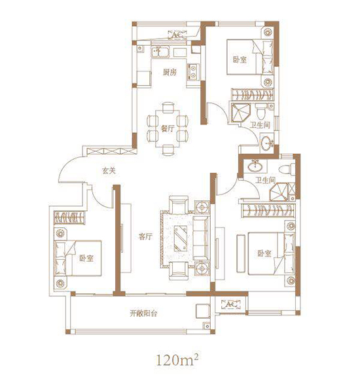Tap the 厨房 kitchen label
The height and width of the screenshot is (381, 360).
point(170,73)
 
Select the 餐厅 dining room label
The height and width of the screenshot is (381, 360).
point(168,128)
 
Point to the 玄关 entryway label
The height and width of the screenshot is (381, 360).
point(109,171)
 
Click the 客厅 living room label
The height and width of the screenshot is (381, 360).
point(145,237)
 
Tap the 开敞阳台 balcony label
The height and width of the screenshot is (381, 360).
point(143,314)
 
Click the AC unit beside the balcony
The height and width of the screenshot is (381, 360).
point(231,304)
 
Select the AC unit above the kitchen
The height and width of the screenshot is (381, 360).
point(177,35)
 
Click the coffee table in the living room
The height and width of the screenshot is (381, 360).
point(181,238)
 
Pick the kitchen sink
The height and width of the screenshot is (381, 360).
point(160,52)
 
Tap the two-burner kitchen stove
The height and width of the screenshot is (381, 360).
point(193,72)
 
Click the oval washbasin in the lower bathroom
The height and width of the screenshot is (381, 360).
point(255,166)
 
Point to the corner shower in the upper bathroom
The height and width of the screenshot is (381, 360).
point(240,113)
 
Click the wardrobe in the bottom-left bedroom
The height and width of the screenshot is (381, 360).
point(69,217)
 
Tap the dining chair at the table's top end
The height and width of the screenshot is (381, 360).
point(169,107)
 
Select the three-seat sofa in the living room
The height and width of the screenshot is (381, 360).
point(201,238)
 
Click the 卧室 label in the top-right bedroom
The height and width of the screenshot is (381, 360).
point(240,60)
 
